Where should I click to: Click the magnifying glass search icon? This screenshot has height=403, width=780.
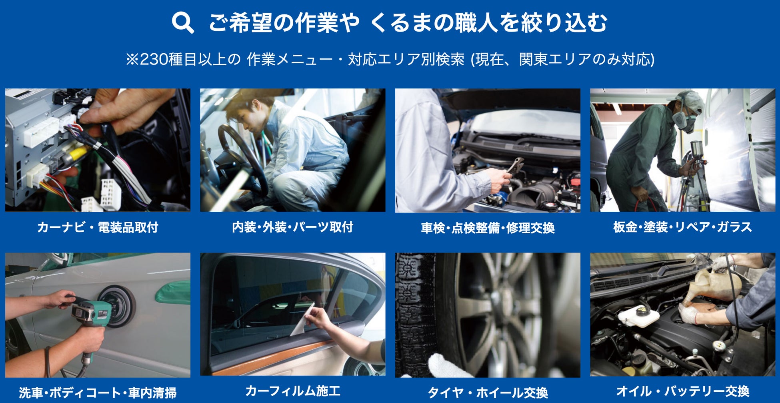tap(183, 22)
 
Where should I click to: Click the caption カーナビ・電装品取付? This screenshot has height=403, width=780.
tap(98, 227)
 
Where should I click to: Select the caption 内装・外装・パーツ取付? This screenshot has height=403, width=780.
tap(293, 227)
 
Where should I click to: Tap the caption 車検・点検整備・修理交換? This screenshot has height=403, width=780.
tap(488, 228)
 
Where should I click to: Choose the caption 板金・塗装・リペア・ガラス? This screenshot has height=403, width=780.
tap(682, 227)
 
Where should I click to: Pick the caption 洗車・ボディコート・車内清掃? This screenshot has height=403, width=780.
tap(98, 393)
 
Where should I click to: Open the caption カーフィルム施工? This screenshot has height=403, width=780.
tap(293, 391)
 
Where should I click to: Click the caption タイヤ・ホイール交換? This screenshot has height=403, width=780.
tap(488, 393)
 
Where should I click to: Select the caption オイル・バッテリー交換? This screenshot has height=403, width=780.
tap(682, 391)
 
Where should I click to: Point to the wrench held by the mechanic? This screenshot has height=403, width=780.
tap(515, 165)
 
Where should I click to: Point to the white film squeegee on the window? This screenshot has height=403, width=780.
tap(302, 320)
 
